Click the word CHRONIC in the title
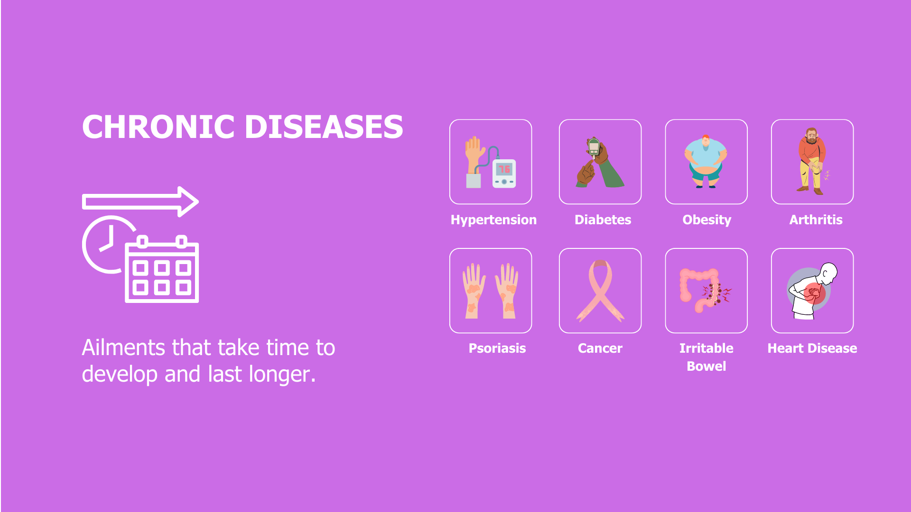(158, 127)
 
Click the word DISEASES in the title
(324, 127)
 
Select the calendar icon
(162, 269)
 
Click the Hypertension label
(493, 220)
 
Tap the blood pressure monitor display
(504, 169)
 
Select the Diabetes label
(603, 220)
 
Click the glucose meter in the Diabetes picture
(594, 147)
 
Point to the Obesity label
(706, 220)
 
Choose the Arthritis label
(816, 220)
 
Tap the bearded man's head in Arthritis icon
(811, 136)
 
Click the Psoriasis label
(497, 348)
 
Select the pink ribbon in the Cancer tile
(600, 291)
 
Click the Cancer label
(600, 348)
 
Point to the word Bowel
(706, 366)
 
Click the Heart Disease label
(812, 348)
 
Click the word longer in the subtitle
(279, 375)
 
